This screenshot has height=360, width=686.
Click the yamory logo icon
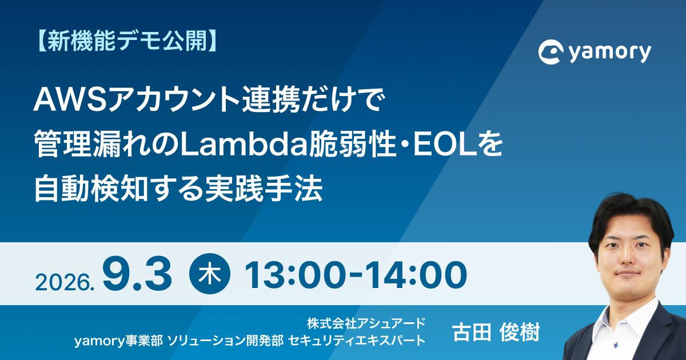[551, 52]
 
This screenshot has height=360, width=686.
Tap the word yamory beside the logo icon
[610, 53]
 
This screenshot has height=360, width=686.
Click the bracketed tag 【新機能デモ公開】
[126, 41]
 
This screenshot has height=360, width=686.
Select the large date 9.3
[137, 274]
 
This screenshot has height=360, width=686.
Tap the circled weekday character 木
[210, 274]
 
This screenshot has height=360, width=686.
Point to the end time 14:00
[417, 275]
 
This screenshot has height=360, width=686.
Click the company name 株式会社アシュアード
[366, 323]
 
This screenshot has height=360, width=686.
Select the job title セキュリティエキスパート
[357, 341]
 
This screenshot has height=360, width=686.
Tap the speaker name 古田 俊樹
[496, 332]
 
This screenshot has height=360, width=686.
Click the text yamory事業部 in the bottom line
[118, 341]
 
